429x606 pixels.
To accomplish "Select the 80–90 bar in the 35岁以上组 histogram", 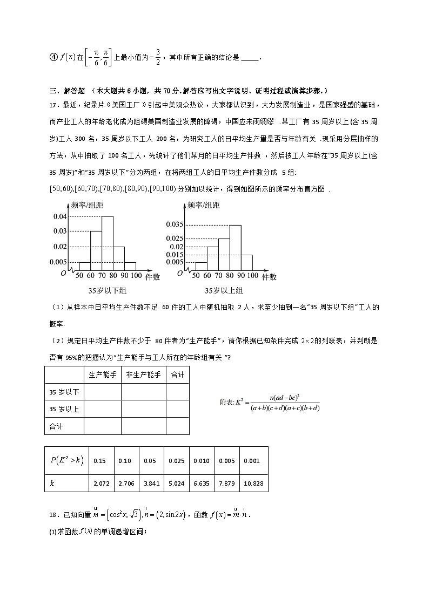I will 235,247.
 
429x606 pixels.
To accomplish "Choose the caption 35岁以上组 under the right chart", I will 224,291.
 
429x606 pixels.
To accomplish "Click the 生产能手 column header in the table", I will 103,375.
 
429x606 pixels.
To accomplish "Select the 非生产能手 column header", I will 143,375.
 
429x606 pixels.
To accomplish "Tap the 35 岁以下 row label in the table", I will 64,392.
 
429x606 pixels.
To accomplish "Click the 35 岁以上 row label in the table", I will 64,409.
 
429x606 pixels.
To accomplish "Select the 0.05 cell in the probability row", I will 150,461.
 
